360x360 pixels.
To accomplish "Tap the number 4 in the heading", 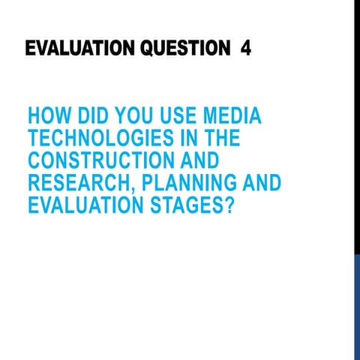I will point(246,49).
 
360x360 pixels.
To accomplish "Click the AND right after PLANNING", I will point(259,183).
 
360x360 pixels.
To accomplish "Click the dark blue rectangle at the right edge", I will point(357,307).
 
